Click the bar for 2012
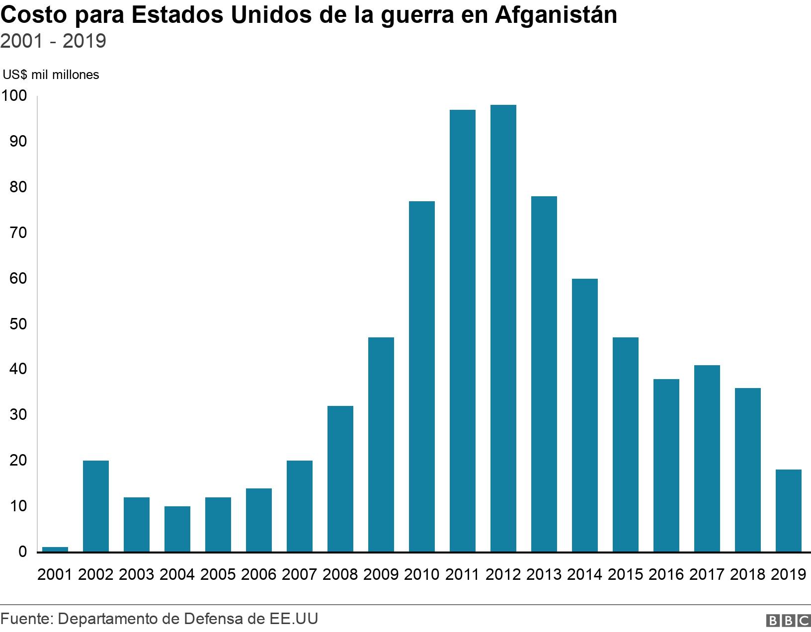coord(503,328)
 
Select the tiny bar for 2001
coord(55,549)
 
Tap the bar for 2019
coord(789,510)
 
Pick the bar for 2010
coord(422,376)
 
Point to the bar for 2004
coord(177,529)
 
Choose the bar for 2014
coord(585,415)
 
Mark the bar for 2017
coord(707,458)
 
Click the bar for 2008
coord(340,478)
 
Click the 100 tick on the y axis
coord(14,96)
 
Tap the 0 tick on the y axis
coord(22,552)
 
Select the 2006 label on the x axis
coord(258,575)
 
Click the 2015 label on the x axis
coord(625,575)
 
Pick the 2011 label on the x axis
coord(462,575)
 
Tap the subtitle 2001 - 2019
coord(53,41)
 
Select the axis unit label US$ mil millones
coord(51,75)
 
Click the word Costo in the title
coord(34,15)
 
